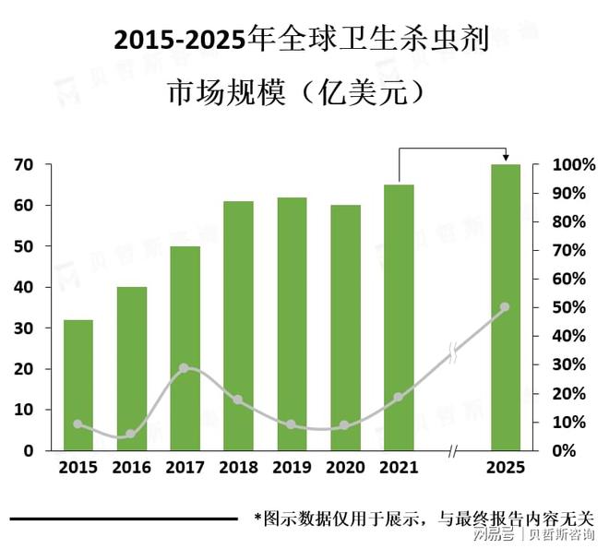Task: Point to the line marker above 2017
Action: tap(184, 368)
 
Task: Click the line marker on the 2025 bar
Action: tap(505, 306)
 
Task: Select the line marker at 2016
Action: tap(131, 434)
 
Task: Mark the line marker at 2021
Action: tap(399, 397)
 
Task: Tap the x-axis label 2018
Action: tap(238, 468)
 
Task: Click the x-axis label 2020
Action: tap(345, 468)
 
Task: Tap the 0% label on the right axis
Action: tap(572, 451)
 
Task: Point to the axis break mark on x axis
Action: tap(452, 451)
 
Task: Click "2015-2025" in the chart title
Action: tap(181, 41)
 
